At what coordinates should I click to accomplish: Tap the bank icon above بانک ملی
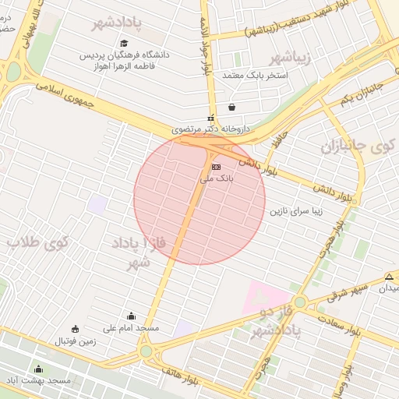pyautogui.click(x=216, y=168)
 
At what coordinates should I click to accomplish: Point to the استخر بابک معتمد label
pyautogui.click(x=256, y=76)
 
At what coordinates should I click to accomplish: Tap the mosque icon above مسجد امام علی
pyautogui.click(x=131, y=316)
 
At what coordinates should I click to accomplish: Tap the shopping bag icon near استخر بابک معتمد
pyautogui.click(x=231, y=108)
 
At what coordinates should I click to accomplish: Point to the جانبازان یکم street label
pyautogui.click(x=362, y=94)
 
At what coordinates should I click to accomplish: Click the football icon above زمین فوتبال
pyautogui.click(x=75, y=329)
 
